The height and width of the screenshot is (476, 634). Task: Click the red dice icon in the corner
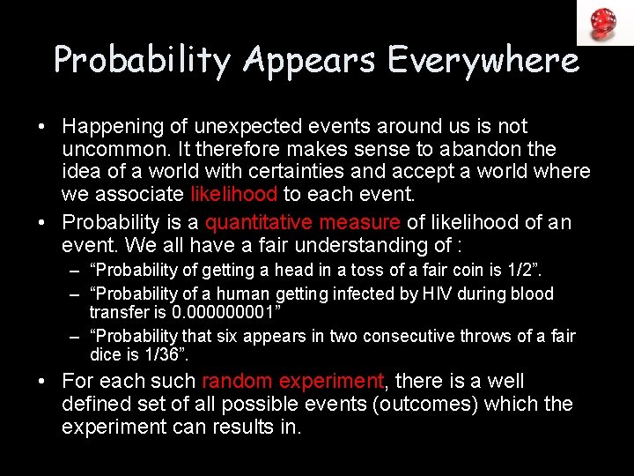(603, 22)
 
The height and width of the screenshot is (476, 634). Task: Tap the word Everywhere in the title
(483, 61)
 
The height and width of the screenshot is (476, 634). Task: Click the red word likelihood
(233, 194)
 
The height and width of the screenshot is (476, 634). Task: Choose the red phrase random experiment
(292, 382)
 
